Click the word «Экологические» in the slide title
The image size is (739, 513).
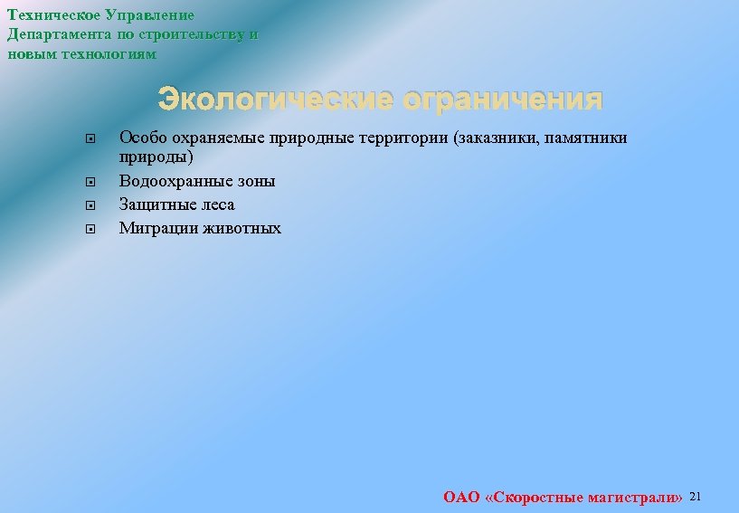pos(277,99)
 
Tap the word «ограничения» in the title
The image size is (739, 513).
pos(503,99)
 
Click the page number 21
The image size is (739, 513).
pos(696,497)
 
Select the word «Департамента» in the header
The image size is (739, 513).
pos(61,35)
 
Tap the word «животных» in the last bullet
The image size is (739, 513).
pos(242,228)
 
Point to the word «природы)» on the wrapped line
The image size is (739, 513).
pos(156,157)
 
